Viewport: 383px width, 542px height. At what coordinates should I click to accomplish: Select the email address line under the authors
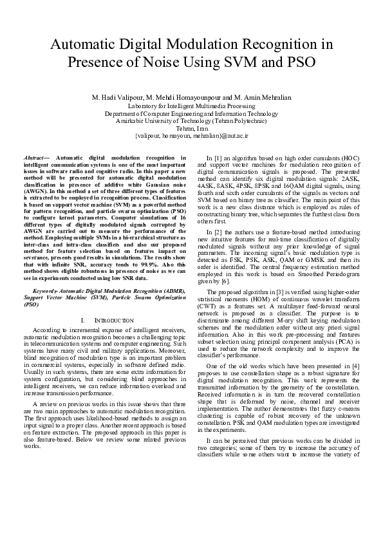pyautogui.click(x=191, y=136)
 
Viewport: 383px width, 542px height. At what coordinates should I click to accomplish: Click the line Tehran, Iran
pyautogui.click(x=191, y=128)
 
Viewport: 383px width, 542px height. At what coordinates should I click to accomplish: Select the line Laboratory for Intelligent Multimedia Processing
pyautogui.click(x=191, y=105)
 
